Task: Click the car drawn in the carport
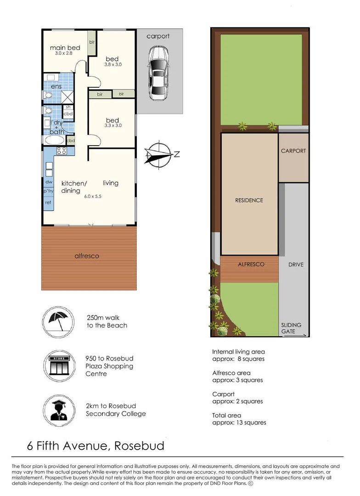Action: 158,73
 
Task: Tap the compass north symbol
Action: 161,155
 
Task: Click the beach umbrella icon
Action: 58,321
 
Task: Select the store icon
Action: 59,366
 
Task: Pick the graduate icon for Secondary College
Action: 59,410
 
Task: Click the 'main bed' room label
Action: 65,48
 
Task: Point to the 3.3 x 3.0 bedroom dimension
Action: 113,125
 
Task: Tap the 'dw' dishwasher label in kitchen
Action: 49,182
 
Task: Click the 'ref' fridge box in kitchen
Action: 48,203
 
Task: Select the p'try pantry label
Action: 48,191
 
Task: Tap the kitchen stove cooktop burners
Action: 62,151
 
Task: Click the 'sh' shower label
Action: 68,107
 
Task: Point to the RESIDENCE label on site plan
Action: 249,200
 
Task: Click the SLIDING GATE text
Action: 291,328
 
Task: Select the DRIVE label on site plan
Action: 296,265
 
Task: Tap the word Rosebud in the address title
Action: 139,445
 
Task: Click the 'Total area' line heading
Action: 226,415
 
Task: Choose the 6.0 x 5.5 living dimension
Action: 93,197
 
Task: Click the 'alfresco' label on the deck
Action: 87,256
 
